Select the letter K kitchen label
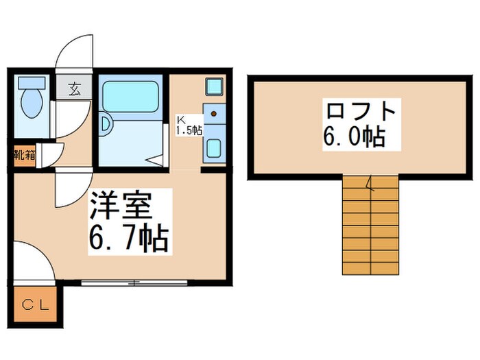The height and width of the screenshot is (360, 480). pos(182,117)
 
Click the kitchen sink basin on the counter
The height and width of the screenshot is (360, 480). pos(213,147)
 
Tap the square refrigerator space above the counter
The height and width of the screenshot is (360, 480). pos(213,88)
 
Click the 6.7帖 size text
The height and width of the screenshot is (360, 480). pos(130,239)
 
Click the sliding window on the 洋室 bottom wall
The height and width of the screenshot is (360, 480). pos(134,282)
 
